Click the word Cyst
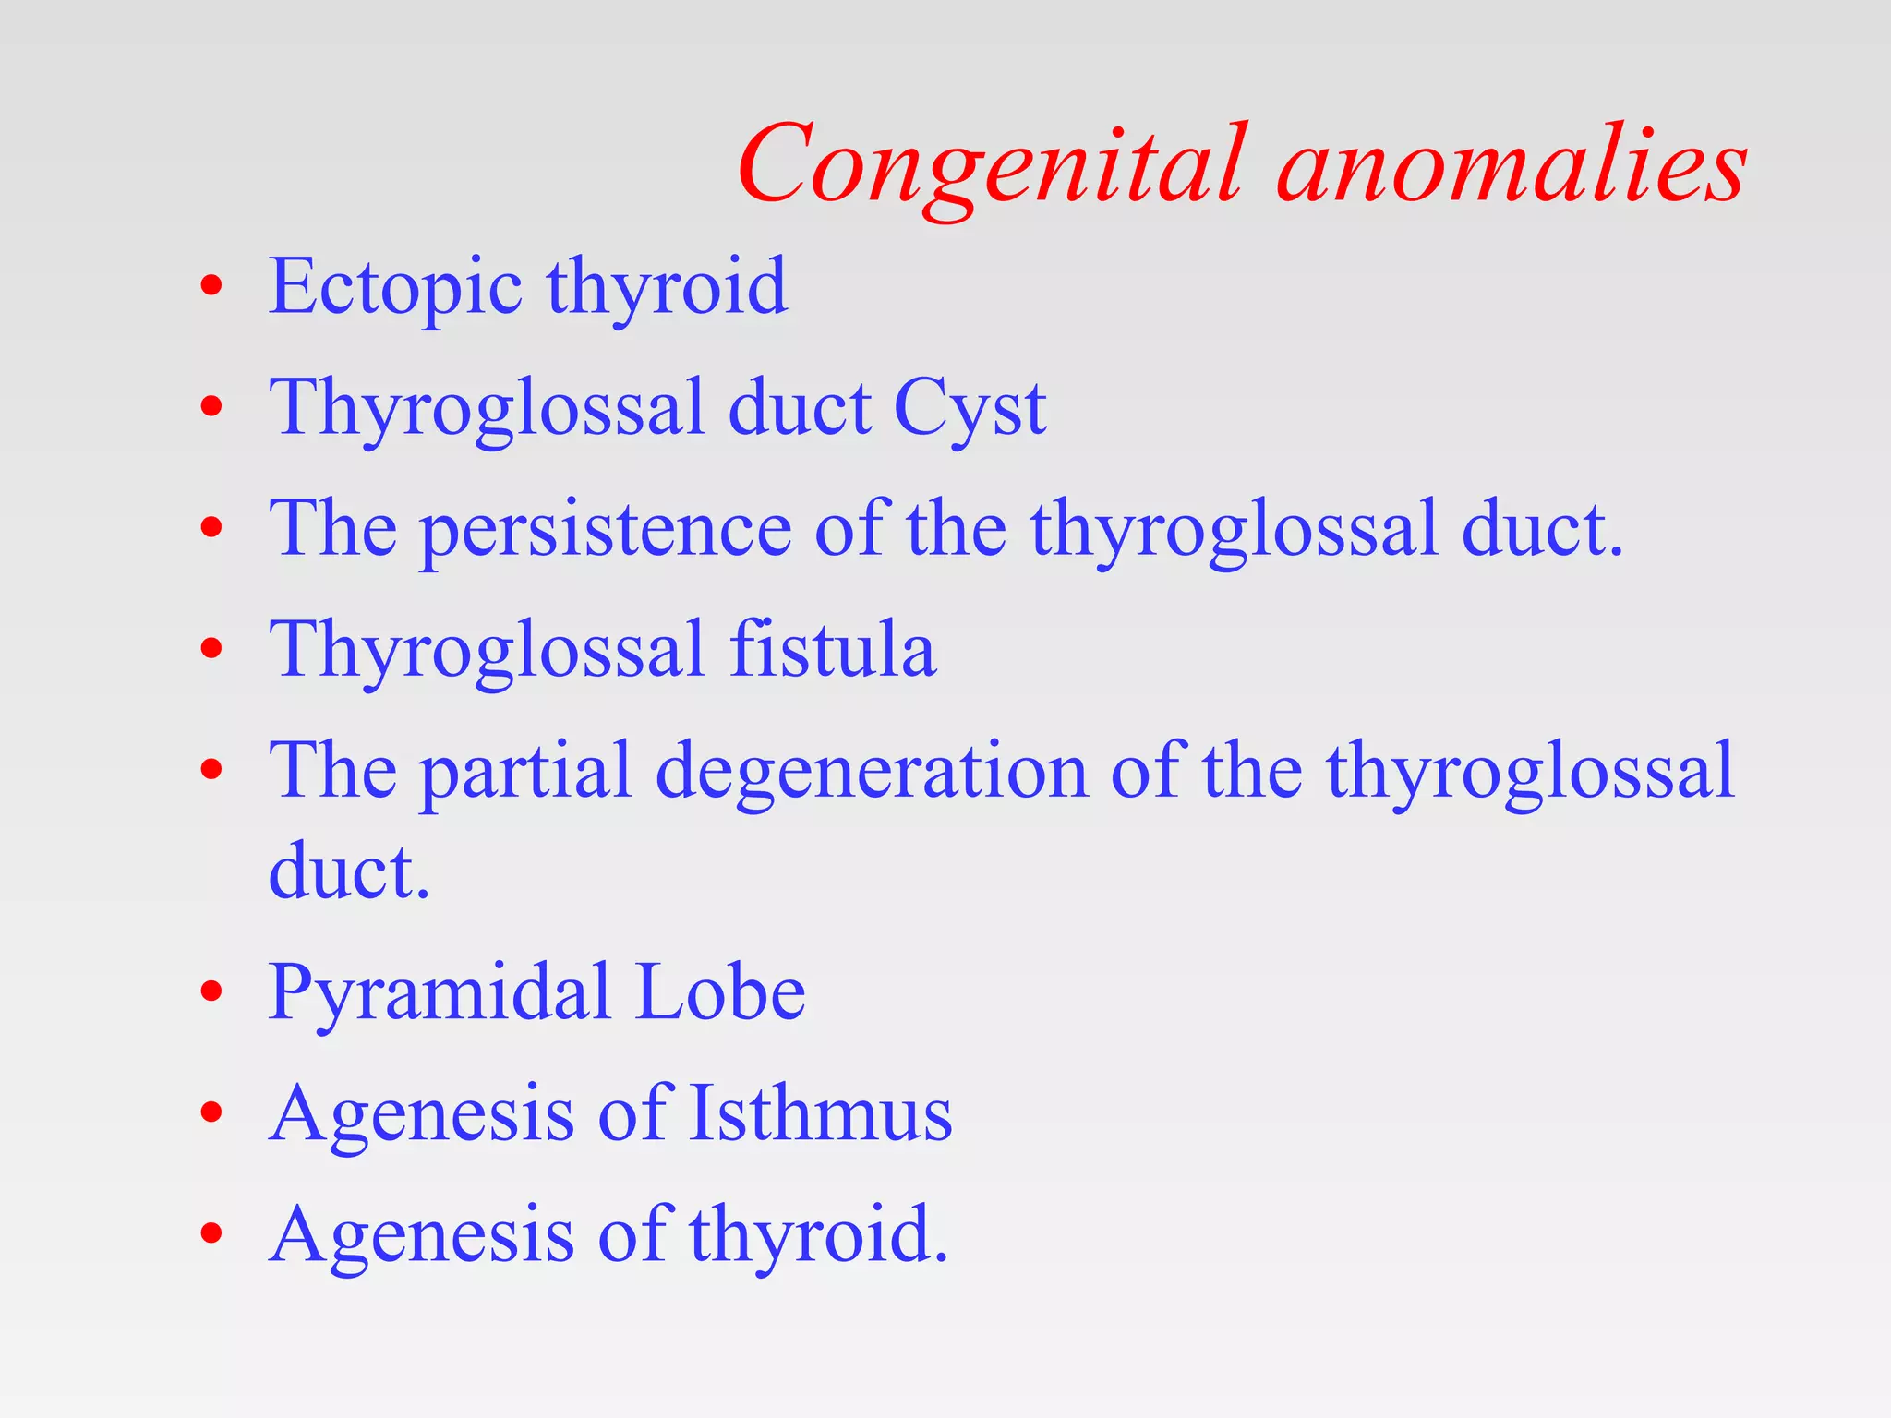pos(970,408)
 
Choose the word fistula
pos(833,650)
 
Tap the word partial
pos(527,772)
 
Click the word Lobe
pos(721,992)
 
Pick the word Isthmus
pos(821,1113)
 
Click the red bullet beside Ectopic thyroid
pos(211,286)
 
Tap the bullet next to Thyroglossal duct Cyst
pos(211,406)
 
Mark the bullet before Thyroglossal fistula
pos(211,648)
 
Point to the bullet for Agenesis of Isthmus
pos(211,1112)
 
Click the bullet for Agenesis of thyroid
pos(211,1233)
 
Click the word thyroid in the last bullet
pos(818,1235)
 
